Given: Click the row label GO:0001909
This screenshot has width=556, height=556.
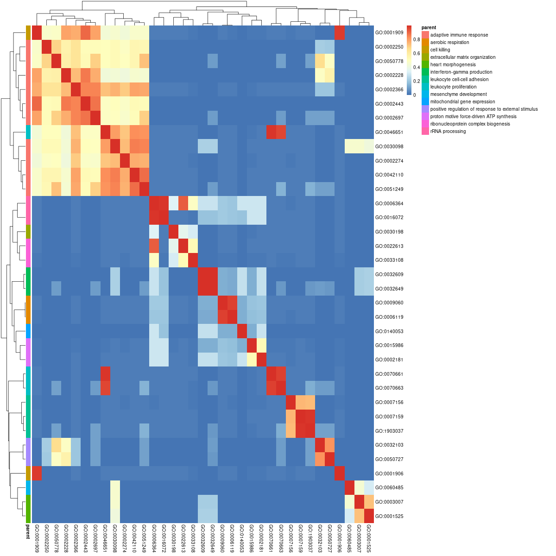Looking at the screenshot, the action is (389, 32).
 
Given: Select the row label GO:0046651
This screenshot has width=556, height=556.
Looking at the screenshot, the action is (389, 132).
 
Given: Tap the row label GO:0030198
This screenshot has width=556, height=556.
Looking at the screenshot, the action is (389, 232).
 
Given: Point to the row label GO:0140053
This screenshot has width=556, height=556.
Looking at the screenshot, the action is (389, 331).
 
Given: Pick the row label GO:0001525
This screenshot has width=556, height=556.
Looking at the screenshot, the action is (389, 516).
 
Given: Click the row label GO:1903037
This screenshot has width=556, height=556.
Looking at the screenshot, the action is (389, 431).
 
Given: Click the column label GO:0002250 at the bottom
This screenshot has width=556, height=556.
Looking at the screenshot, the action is (47, 539).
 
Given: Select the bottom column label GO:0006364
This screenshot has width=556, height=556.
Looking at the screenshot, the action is (154, 539).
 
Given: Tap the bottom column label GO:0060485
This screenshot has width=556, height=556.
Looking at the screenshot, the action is (349, 539).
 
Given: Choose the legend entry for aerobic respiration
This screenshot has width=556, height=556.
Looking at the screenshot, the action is (449, 43).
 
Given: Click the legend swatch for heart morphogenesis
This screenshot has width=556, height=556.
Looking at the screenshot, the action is (425, 64).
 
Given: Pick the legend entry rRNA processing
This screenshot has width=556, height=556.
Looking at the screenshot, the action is (448, 131).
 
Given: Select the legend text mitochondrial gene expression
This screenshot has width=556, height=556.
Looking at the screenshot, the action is (462, 101).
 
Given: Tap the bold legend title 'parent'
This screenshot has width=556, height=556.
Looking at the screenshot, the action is (429, 28).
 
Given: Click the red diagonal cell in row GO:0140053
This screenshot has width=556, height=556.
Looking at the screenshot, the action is (242, 331).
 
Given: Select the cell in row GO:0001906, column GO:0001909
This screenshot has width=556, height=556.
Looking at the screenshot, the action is (37, 474).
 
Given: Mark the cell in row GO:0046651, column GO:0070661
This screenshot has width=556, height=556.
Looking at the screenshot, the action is (271, 132).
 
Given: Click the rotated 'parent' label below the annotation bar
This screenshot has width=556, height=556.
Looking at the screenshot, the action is (28, 532).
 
